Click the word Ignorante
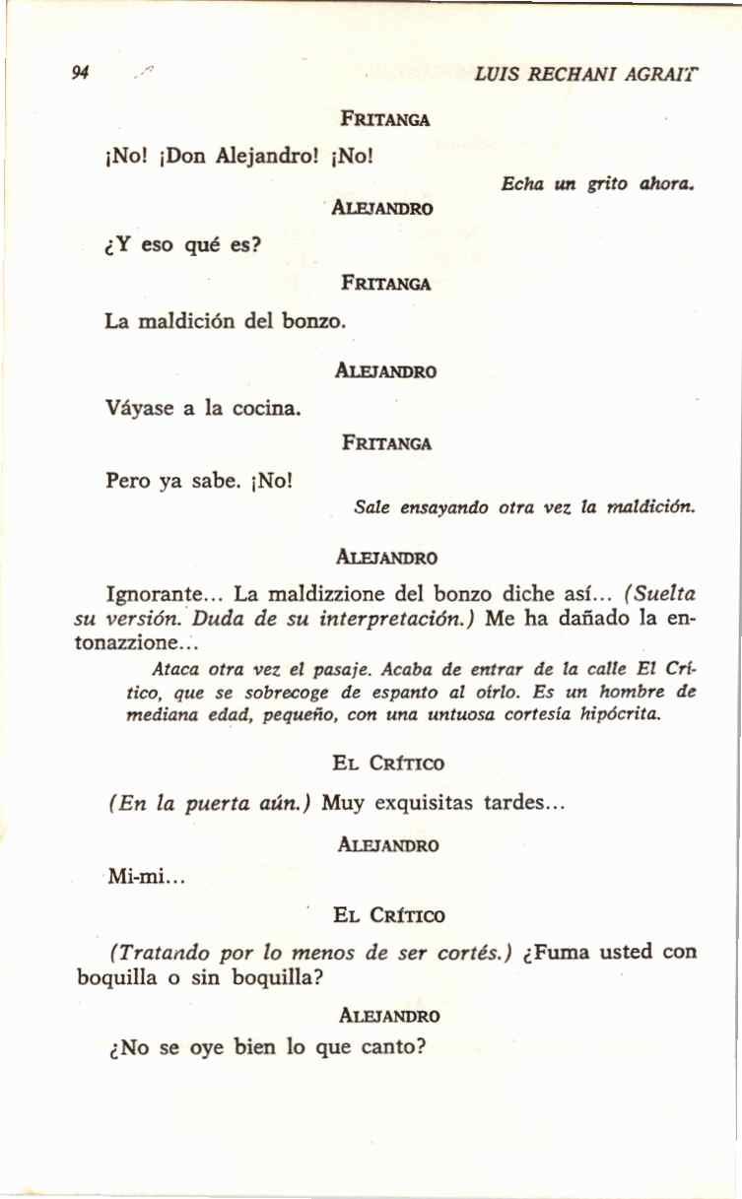[x=155, y=595]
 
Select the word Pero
[x=128, y=482]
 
